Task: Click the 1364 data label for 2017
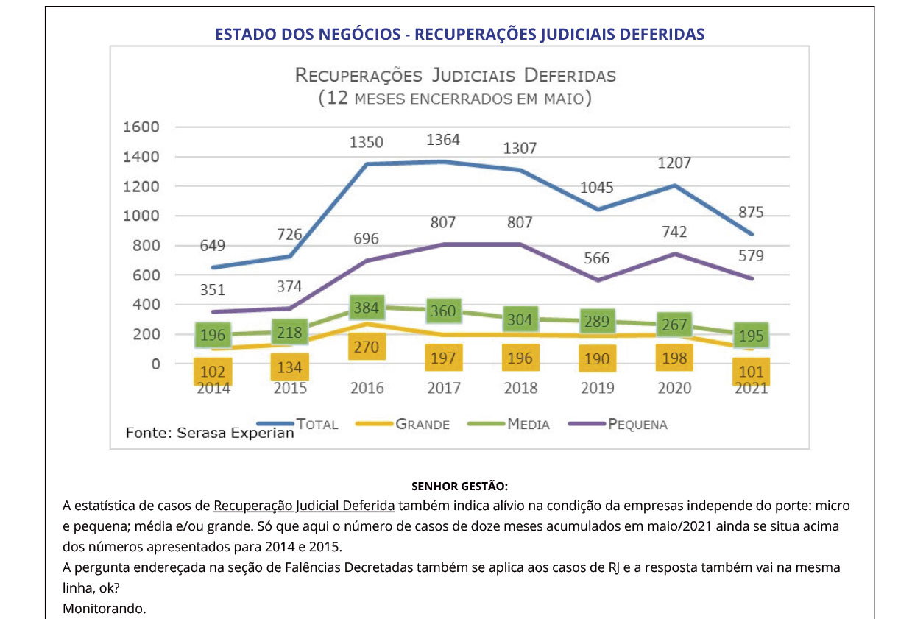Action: tap(443, 140)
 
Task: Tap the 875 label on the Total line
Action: tap(752, 212)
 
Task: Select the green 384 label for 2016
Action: tap(366, 307)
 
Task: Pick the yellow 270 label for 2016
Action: tap(366, 347)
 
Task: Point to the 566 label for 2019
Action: tap(597, 258)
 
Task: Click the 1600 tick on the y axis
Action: tap(140, 127)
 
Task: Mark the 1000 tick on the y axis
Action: tap(140, 216)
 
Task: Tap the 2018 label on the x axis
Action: tap(520, 388)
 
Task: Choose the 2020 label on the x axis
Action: tap(674, 388)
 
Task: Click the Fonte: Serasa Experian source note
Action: tap(210, 433)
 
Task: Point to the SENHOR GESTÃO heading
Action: tap(459, 487)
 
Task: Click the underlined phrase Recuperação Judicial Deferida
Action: tap(304, 506)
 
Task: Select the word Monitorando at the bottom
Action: tap(105, 609)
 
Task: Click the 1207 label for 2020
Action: tap(674, 163)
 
